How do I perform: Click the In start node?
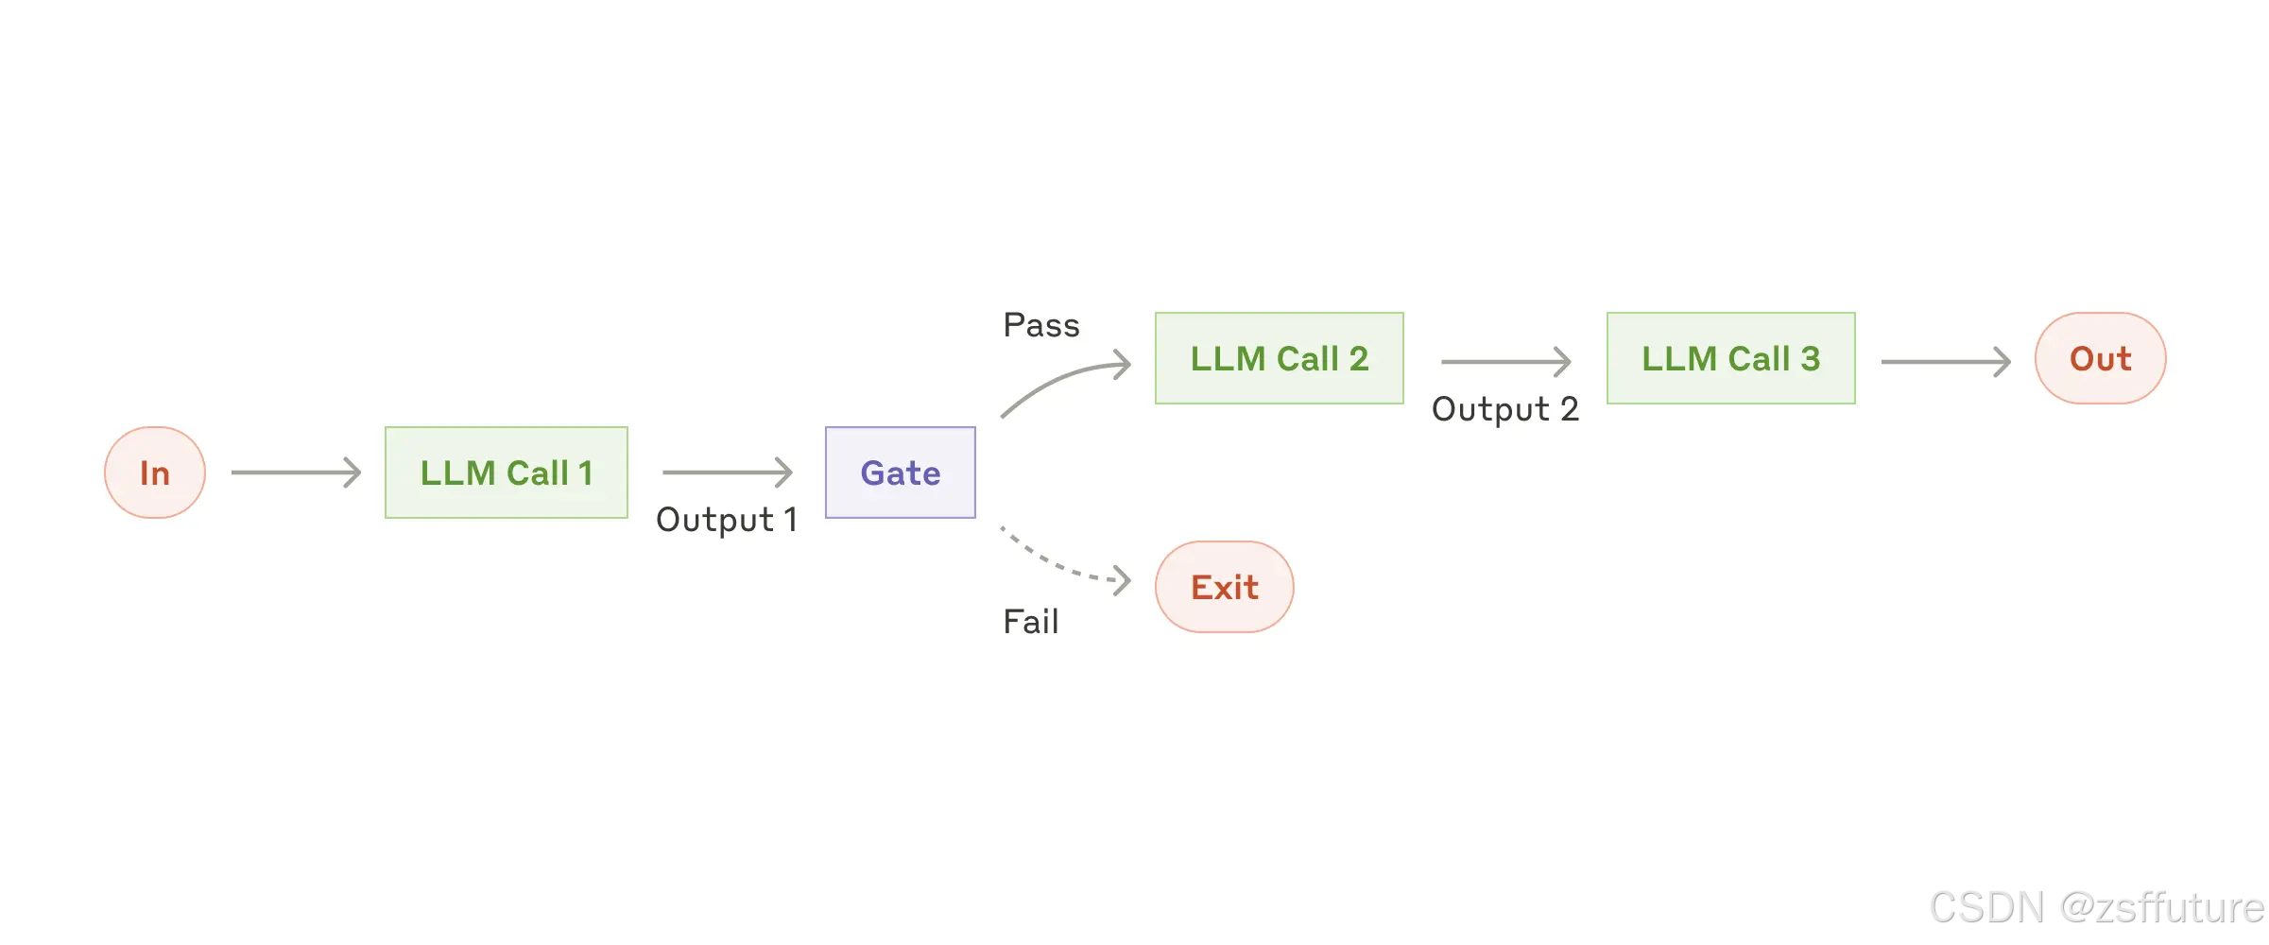[155, 472]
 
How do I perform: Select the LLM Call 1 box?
[507, 472]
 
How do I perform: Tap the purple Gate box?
[900, 472]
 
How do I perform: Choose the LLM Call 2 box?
[1279, 358]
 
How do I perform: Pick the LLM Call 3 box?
[1730, 358]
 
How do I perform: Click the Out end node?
[2100, 358]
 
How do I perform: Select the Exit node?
[1224, 587]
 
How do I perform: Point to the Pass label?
[1040, 325]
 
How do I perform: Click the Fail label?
[1030, 622]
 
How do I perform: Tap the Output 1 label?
[726, 520]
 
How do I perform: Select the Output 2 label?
[1504, 409]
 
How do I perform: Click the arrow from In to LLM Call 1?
[296, 472]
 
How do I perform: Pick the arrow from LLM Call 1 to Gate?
[727, 472]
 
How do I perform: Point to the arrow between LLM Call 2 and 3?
[1504, 361]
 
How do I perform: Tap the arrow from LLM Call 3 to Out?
[1945, 361]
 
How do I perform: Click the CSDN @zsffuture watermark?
[2096, 907]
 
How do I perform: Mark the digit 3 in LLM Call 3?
[1810, 358]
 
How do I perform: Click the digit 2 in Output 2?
[1569, 409]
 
